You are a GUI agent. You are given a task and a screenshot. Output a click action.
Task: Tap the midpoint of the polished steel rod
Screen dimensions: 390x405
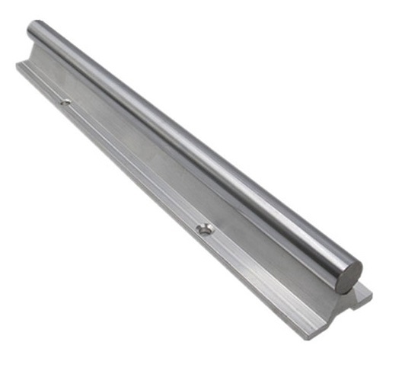point(190,149)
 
